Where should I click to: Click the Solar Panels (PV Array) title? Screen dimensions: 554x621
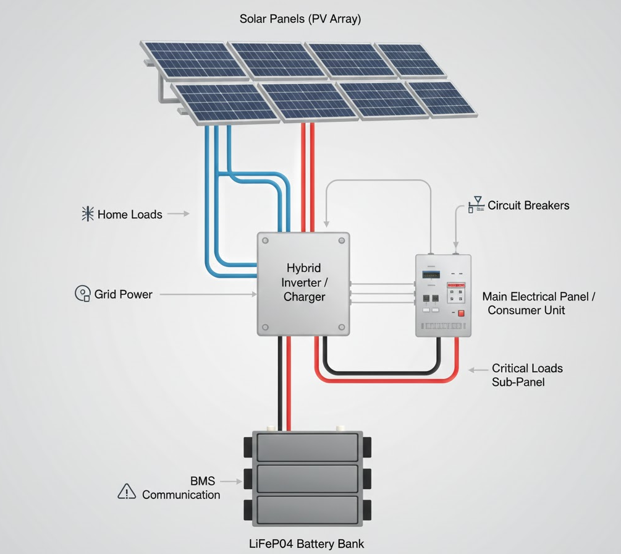300,19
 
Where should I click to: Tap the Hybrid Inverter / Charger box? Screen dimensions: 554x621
303,284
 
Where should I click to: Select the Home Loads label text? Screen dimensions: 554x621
130,215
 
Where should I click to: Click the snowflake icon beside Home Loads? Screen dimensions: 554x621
88,214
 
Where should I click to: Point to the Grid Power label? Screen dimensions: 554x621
123,294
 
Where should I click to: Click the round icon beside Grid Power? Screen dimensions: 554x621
83,294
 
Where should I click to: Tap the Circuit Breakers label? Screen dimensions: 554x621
528,205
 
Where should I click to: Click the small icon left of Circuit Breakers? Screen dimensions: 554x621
475,205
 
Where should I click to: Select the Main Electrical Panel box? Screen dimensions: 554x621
443,296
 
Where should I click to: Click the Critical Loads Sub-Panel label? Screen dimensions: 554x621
526,375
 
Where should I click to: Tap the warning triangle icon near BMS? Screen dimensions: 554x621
127,492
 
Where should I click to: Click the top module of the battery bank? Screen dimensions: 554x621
307,446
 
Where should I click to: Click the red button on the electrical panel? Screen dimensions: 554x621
461,313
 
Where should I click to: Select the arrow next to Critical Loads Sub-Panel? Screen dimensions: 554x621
477,370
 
